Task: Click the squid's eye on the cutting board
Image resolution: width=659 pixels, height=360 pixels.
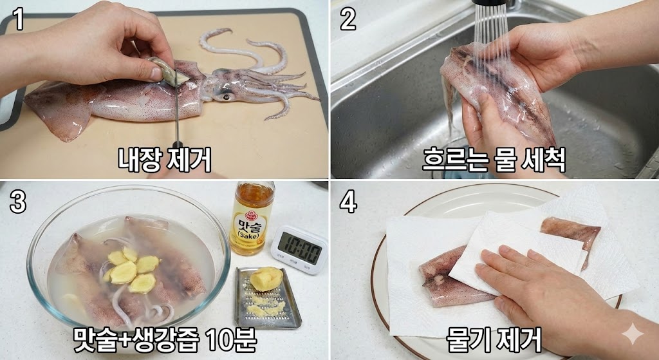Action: (227, 97)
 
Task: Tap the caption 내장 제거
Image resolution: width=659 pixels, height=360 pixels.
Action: (164, 160)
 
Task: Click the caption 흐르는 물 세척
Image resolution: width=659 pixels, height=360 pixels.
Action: (494, 160)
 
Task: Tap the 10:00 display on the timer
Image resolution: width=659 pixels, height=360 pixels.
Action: (300, 248)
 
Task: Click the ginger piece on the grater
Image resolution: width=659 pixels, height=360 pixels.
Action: (266, 279)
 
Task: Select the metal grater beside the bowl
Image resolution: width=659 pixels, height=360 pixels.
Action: (267, 298)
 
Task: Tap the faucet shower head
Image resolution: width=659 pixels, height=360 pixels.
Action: (490, 3)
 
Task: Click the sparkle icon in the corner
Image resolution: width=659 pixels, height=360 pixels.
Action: (633, 334)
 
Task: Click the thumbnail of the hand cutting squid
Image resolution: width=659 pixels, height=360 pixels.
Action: (164, 89)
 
